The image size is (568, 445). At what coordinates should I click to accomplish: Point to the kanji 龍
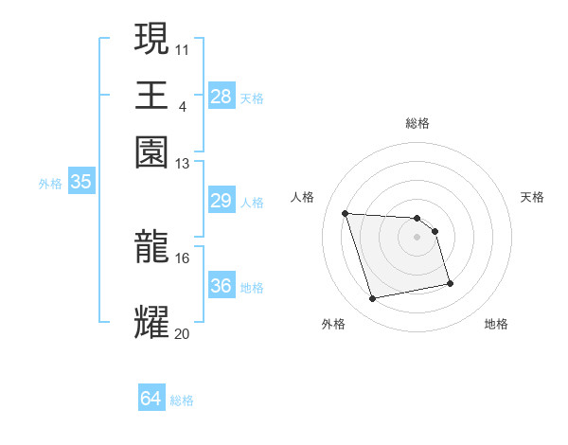(x=152, y=247)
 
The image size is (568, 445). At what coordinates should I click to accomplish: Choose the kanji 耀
(x=152, y=323)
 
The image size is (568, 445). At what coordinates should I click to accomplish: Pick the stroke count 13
(x=183, y=164)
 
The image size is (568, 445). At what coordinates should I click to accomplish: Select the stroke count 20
(x=183, y=333)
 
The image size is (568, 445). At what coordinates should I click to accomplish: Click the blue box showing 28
(x=221, y=96)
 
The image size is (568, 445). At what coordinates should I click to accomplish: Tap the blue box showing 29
(x=221, y=201)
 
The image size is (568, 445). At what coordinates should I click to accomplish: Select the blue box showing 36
(x=221, y=286)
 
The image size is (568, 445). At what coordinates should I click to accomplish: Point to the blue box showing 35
(x=80, y=183)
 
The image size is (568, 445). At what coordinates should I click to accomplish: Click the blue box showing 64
(x=151, y=399)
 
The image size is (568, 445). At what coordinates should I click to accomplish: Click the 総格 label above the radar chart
(x=417, y=123)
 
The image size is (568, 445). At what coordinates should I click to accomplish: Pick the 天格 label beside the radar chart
(x=532, y=197)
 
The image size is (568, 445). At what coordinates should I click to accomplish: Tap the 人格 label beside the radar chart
(x=303, y=197)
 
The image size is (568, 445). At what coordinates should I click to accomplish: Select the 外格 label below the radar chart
(x=333, y=325)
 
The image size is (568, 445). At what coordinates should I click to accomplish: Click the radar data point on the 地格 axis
(x=450, y=282)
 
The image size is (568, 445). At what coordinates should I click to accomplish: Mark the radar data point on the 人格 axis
(x=346, y=213)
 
